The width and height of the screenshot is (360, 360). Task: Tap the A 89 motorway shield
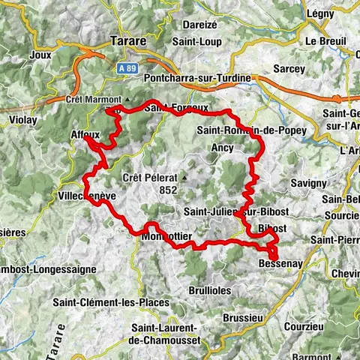(x=128, y=67)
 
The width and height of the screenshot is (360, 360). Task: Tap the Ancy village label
(x=222, y=148)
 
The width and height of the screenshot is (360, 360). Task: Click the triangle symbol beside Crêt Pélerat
(x=182, y=178)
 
